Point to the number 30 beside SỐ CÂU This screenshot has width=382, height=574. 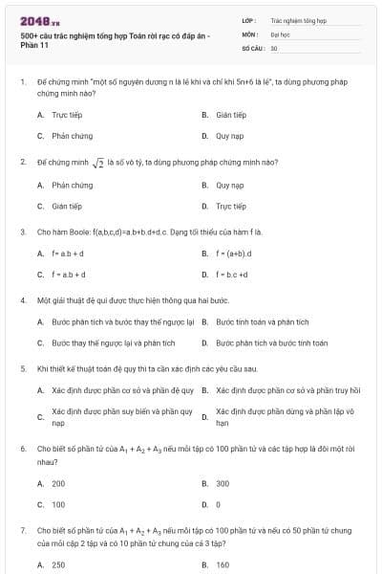coord(274,47)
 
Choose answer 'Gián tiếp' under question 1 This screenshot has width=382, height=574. coord(231,115)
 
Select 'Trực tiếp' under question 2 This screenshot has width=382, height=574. coord(230,206)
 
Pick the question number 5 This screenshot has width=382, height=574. coord(22,367)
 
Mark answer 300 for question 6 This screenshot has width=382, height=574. coord(223,483)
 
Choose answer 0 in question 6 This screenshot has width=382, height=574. coord(218,504)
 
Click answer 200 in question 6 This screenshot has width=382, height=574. coord(58,483)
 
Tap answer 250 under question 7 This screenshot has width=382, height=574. coord(58,565)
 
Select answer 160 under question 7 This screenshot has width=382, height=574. coord(223,565)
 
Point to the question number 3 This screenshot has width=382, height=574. coord(22,231)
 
